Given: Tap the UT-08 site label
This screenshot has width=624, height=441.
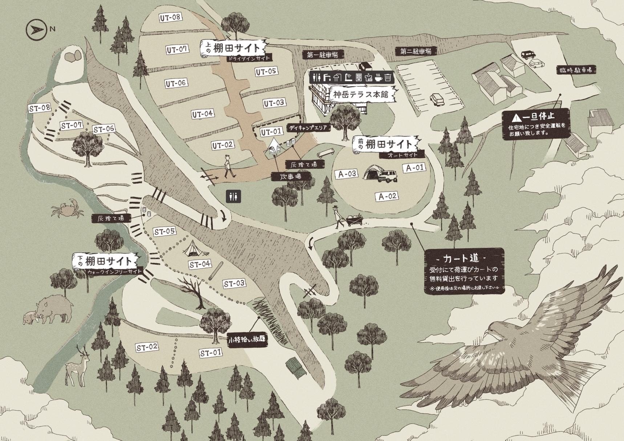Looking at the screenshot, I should (x=170, y=17).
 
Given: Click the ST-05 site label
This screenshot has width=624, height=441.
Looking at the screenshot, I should (x=165, y=231).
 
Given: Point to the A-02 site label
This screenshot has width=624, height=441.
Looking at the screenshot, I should (x=387, y=196).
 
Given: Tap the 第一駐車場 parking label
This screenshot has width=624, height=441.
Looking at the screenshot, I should (x=323, y=55).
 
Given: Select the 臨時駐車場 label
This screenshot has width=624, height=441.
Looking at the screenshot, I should (x=576, y=70).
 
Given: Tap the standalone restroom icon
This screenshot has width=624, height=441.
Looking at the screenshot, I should (x=233, y=196).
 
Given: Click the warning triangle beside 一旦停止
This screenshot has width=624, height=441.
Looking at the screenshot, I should (x=516, y=117).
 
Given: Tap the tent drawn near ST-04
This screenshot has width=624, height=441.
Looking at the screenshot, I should (x=191, y=248).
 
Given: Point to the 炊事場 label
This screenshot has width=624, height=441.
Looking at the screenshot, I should (x=291, y=176).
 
